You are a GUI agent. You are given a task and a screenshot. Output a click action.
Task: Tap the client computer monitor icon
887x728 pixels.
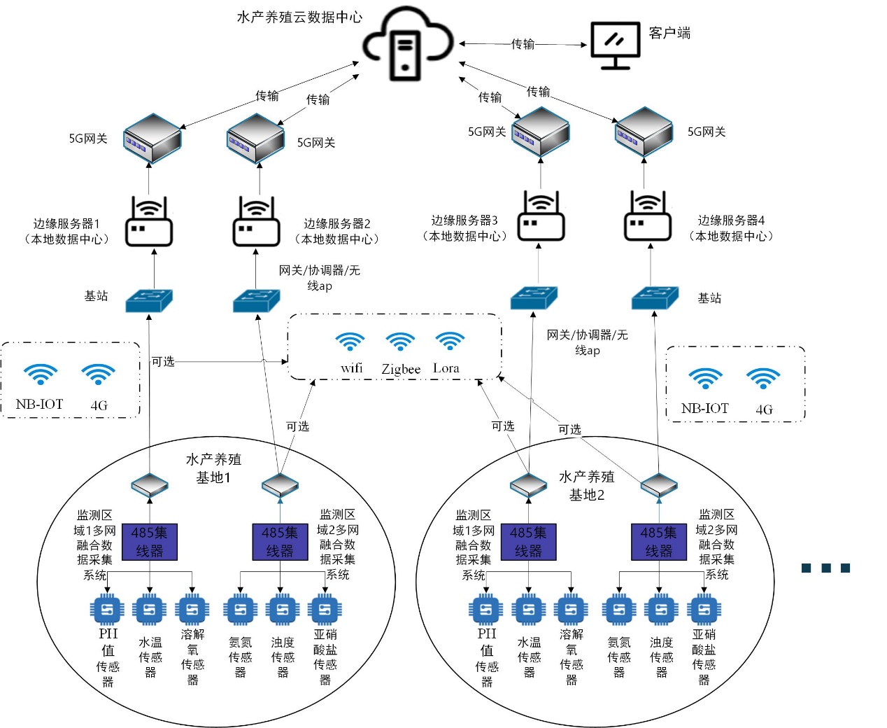tap(615, 45)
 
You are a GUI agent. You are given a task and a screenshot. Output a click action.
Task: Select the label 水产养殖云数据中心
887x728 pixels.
tap(299, 17)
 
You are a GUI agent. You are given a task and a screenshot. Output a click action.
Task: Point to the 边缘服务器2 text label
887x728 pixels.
tap(336, 223)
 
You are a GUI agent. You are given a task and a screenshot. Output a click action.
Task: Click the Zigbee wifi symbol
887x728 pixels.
tap(400, 342)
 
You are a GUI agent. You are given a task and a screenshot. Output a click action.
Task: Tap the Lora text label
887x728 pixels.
tap(446, 368)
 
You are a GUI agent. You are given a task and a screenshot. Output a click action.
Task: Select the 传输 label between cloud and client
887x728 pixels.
tap(523, 44)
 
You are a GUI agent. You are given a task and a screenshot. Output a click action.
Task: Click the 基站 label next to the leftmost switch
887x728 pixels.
tap(96, 296)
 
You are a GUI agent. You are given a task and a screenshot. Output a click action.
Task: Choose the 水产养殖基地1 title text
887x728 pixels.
tap(213, 468)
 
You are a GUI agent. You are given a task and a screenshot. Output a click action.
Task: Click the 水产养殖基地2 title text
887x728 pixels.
tap(586, 485)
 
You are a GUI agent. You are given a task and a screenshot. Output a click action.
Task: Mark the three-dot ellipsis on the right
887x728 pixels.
tap(825, 568)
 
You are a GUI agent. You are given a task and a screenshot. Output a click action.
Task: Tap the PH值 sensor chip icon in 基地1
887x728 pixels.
tap(107, 610)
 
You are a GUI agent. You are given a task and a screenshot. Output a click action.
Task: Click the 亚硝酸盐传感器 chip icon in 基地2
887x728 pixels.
tap(704, 610)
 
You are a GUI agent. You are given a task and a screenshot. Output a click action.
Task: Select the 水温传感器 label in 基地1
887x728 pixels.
tap(150, 657)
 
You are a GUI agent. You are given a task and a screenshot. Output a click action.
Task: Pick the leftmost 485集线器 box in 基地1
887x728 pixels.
tap(149, 542)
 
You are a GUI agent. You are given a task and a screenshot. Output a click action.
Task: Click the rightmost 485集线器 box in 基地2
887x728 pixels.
tap(658, 542)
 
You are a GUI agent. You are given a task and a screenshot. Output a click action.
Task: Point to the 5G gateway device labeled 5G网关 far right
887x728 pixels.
tap(644, 132)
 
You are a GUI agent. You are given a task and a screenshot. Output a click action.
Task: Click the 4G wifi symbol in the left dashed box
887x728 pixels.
tap(98, 375)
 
